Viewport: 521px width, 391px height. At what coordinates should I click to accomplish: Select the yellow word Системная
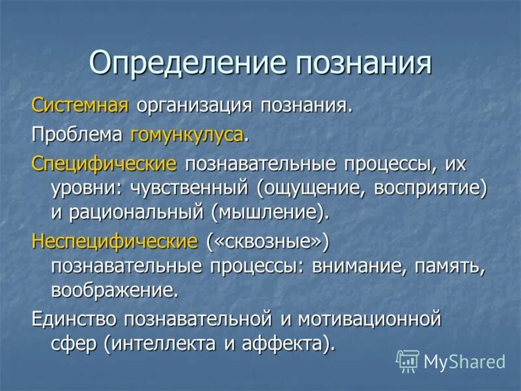81,106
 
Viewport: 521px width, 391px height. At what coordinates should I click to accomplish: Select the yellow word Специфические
104,164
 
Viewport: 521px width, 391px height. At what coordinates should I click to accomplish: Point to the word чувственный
193,188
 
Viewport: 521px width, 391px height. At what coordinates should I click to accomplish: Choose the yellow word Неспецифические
115,242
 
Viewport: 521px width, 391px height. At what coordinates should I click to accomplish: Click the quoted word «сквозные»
268,242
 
